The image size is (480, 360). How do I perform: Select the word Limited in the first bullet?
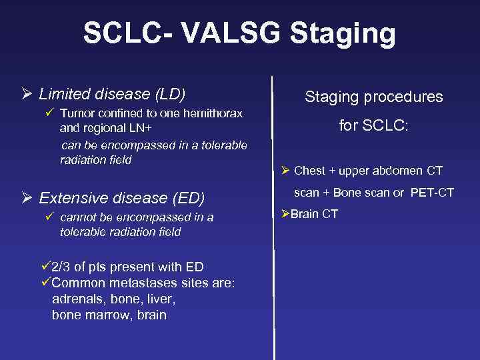point(65,93)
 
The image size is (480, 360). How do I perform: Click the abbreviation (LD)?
point(169,93)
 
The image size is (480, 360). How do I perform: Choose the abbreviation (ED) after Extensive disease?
point(189,198)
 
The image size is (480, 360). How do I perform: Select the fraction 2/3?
point(63,267)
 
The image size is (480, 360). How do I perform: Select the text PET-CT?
point(432,193)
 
